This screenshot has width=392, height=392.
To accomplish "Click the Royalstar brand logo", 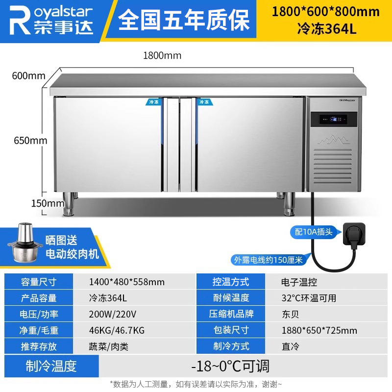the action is (x=51, y=20).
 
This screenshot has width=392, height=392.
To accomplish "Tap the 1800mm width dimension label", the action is (x=162, y=55).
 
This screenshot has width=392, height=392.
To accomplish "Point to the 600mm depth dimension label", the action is (x=29, y=76).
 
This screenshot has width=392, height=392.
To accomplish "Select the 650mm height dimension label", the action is (x=30, y=141).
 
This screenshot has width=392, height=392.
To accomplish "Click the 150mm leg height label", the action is (x=48, y=203).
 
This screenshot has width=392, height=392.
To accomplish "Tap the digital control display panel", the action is (x=334, y=119).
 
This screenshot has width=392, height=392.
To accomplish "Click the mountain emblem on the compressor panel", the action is (x=334, y=140).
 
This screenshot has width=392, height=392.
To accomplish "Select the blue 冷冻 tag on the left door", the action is (x=154, y=102).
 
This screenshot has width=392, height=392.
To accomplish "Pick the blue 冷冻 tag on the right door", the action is (x=204, y=102).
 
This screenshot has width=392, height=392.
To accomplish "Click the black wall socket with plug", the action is (x=353, y=234).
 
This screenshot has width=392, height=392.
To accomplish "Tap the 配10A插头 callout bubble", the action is (x=314, y=232).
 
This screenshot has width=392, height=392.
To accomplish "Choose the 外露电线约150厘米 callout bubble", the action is (x=268, y=260).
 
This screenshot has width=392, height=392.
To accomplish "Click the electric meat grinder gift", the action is (x=23, y=243).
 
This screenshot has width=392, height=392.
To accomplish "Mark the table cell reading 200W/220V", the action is (x=113, y=314).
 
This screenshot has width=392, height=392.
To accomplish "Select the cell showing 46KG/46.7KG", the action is (x=117, y=330).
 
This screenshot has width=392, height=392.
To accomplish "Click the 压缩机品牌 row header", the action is (x=231, y=314).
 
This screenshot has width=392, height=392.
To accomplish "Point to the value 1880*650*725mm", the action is (x=319, y=330).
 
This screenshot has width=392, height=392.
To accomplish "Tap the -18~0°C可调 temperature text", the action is (x=230, y=366).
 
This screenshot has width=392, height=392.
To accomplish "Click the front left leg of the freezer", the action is (x=68, y=204).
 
